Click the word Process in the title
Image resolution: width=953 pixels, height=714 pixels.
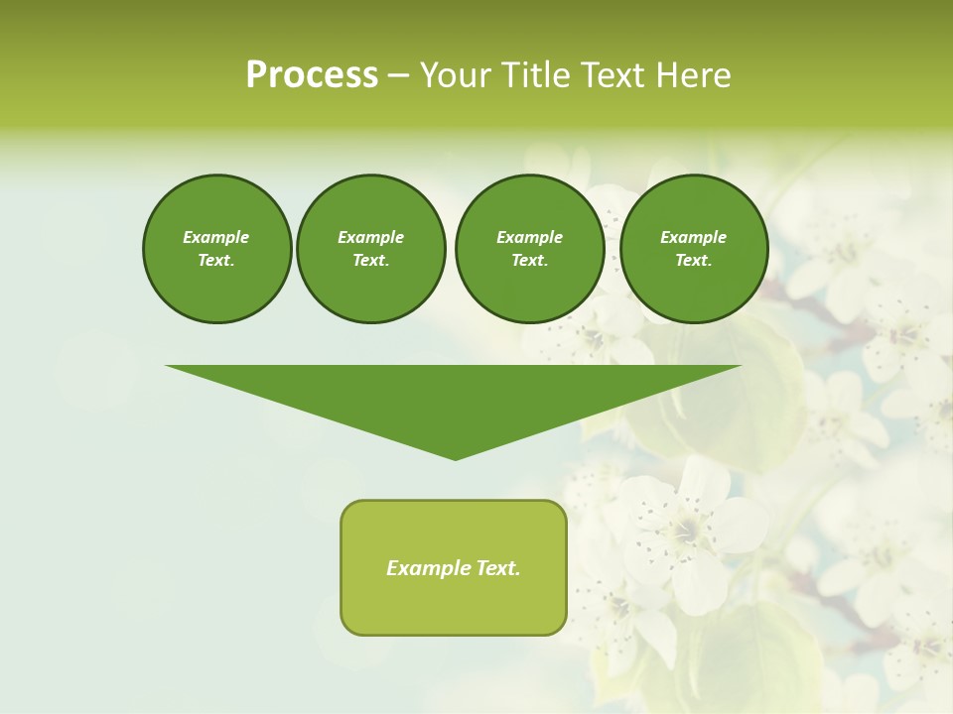[x=312, y=75]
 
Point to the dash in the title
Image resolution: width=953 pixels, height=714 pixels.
[x=398, y=76]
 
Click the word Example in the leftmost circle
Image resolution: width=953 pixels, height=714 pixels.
[x=216, y=237]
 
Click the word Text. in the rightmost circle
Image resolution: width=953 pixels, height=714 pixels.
[x=693, y=261]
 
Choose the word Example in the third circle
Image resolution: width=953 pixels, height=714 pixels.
[x=529, y=237]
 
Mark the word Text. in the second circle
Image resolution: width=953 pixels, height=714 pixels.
[x=370, y=261]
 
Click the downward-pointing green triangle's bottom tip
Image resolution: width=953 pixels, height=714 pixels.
[x=455, y=457]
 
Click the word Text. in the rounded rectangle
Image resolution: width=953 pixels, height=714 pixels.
[x=497, y=568]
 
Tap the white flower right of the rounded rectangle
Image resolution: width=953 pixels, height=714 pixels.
[x=685, y=531]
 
